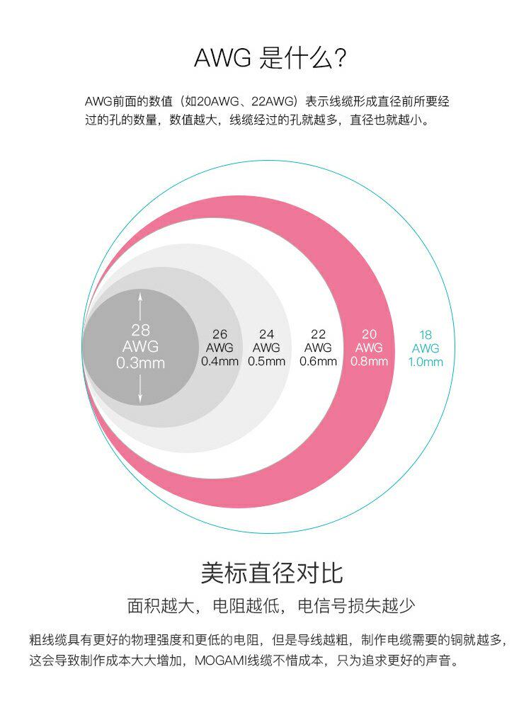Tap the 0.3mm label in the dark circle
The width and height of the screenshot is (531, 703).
click(x=140, y=363)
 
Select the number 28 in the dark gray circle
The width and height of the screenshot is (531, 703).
click(x=140, y=330)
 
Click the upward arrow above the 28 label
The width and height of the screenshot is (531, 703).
click(x=140, y=304)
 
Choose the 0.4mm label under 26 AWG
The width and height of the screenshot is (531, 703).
click(x=220, y=361)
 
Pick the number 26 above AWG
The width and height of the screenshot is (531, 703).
click(x=220, y=334)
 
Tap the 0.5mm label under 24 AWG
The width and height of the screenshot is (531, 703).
click(x=266, y=361)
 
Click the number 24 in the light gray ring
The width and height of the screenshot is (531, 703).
click(x=266, y=334)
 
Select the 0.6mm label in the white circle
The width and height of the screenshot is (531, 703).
click(x=318, y=361)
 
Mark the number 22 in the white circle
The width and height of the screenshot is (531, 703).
click(x=318, y=334)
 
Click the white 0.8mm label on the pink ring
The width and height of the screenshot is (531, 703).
click(x=369, y=361)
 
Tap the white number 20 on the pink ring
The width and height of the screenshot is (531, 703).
click(x=369, y=334)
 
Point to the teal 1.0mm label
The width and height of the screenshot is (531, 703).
click(x=426, y=362)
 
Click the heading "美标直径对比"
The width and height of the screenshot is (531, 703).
click(x=272, y=572)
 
